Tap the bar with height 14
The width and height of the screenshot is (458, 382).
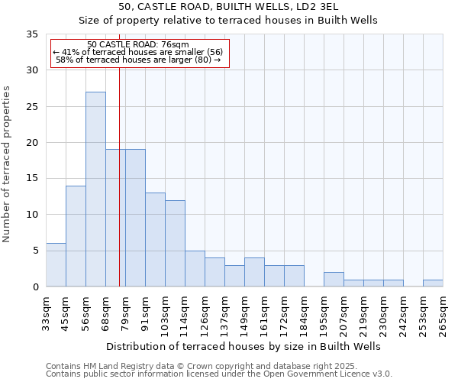click(x=76, y=236)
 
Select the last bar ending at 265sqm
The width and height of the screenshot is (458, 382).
click(x=433, y=283)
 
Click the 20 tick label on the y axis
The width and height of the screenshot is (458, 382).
click(x=32, y=143)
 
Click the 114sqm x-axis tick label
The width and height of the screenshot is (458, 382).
click(x=185, y=315)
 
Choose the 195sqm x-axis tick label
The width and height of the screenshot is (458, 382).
click(x=324, y=315)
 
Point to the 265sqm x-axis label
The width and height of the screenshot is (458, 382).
click(x=443, y=315)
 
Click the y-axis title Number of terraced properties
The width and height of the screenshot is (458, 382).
click(x=7, y=164)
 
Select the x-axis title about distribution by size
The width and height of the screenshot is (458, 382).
click(x=244, y=346)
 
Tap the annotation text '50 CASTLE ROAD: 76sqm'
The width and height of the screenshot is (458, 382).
click(x=138, y=45)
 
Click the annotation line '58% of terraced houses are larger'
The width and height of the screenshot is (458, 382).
click(x=138, y=60)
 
